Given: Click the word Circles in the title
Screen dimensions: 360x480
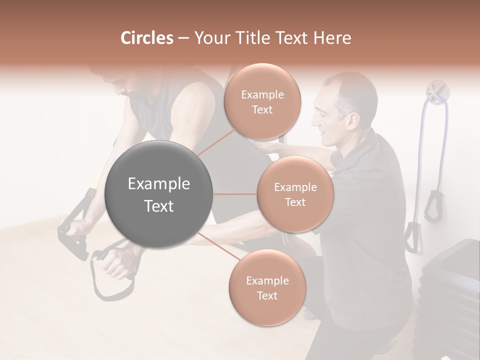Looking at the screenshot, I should (146, 38).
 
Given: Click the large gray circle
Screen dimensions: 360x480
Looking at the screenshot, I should (159, 194).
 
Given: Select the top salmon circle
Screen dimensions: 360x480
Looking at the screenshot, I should (262, 102).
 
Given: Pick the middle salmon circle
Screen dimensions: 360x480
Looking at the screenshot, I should (295, 194).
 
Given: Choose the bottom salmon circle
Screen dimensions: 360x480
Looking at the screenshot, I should (267, 288).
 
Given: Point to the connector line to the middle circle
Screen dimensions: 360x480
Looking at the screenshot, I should (235, 194).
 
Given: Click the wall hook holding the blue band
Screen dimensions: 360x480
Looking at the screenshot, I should (437, 93).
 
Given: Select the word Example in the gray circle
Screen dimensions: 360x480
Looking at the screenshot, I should (159, 184).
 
